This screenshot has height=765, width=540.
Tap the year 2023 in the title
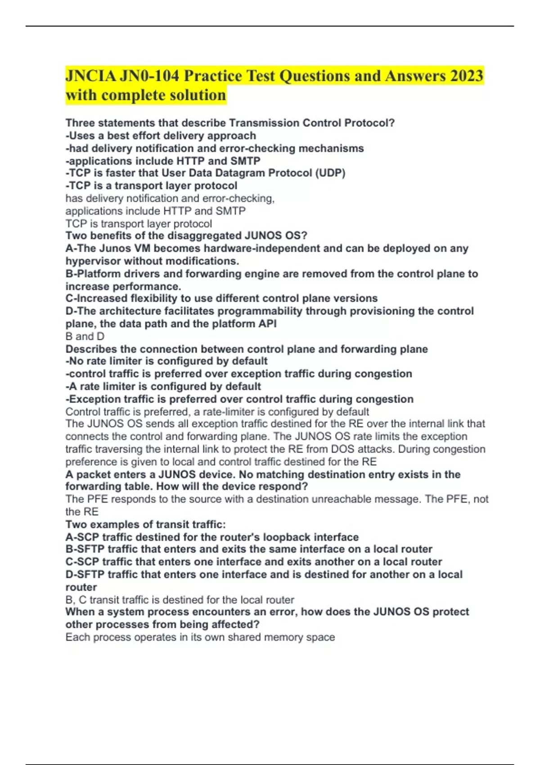pyautogui.click(x=466, y=76)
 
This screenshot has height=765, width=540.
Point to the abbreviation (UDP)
pyautogui.click(x=330, y=173)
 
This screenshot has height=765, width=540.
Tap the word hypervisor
pyautogui.click(x=93, y=261)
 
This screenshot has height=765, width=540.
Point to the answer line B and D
pyautogui.click(x=85, y=336)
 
